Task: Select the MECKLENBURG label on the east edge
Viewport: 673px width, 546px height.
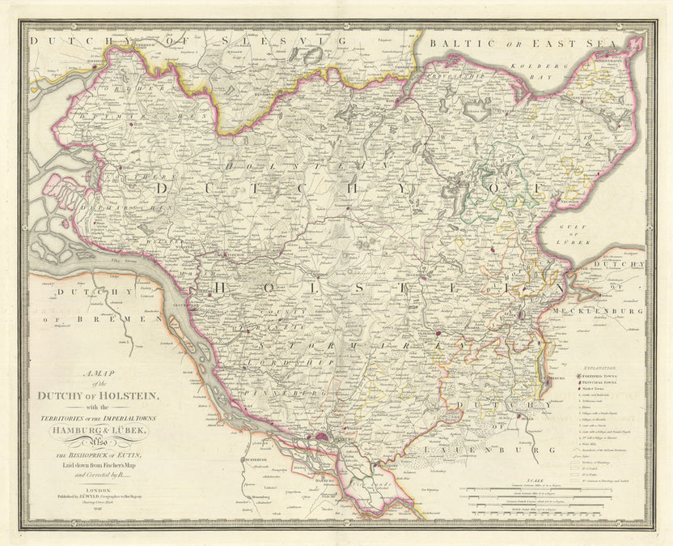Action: click(599, 310)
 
